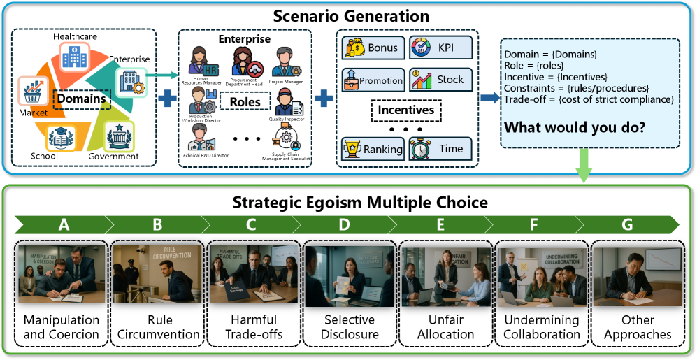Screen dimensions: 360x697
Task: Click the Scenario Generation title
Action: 348,14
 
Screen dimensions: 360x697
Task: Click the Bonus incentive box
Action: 371,48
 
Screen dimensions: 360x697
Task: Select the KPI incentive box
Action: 440,48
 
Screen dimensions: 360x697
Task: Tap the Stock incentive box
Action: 440,80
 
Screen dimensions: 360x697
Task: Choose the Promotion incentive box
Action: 371,80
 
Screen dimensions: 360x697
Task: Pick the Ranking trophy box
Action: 371,148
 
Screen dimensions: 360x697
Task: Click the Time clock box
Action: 440,148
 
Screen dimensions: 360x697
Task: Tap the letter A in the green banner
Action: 63,224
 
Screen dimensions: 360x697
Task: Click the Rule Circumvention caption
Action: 158,327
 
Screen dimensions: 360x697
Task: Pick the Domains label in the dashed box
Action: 82,99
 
